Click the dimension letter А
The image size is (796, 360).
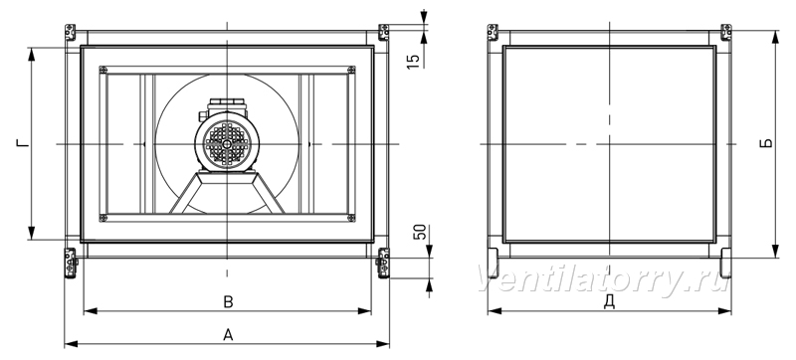[x=228, y=335]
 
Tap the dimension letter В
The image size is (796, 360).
[x=229, y=302]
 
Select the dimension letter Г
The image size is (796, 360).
[x=22, y=144]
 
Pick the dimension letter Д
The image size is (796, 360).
[x=609, y=301]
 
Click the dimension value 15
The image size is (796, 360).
[x=414, y=61]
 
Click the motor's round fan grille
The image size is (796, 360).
[x=227, y=144]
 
